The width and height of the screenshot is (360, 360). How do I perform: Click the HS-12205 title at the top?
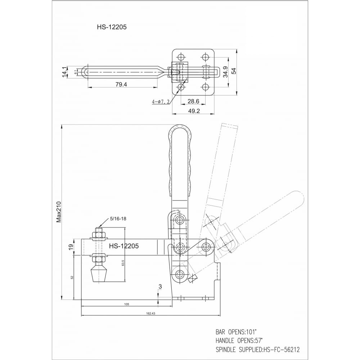(x=112, y=27)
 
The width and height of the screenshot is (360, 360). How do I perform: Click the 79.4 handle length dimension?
(x=121, y=85)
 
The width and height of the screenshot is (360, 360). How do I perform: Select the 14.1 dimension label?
(x=64, y=72)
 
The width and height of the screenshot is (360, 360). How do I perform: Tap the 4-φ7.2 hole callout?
(x=161, y=102)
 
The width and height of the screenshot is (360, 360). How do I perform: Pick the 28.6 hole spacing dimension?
(x=193, y=101)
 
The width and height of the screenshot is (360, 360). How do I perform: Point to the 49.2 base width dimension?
(x=194, y=111)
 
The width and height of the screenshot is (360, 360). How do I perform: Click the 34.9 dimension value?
(x=225, y=72)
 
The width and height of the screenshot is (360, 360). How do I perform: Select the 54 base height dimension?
(x=234, y=71)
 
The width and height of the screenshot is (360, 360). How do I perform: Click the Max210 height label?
(x=59, y=212)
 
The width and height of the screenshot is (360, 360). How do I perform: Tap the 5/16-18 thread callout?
(x=118, y=219)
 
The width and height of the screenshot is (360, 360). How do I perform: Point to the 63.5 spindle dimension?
(x=123, y=263)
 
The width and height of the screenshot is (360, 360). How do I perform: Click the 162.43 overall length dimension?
(x=150, y=313)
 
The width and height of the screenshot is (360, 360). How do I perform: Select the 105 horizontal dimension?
(x=126, y=304)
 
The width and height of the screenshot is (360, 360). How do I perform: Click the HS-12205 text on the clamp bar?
(x=124, y=246)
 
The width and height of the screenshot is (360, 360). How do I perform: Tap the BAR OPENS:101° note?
(x=236, y=332)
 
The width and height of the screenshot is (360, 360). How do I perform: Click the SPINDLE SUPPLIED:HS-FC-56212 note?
(x=258, y=350)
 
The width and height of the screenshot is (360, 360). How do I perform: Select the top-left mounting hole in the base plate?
(x=181, y=57)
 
